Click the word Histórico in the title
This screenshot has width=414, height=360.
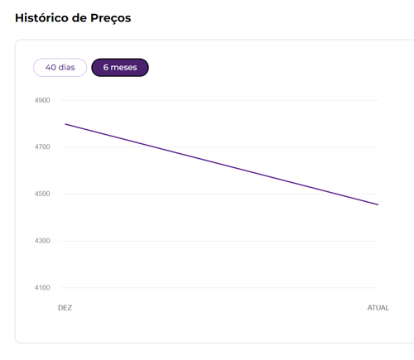(x=41, y=18)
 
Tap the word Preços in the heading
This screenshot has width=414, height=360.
(x=111, y=18)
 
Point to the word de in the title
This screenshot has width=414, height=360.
(x=79, y=18)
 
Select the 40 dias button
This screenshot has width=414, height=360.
(x=60, y=67)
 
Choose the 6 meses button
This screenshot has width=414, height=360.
(x=120, y=67)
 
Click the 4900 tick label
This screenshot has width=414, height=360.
(x=42, y=100)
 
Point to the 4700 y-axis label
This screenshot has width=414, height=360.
(x=42, y=146)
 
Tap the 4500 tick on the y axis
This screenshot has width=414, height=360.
(x=42, y=194)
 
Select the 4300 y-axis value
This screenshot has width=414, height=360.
(x=42, y=241)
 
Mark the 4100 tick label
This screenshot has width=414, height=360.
(x=42, y=287)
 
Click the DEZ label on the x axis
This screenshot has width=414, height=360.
(x=65, y=308)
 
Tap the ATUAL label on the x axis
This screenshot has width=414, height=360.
(x=378, y=308)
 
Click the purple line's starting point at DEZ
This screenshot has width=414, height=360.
(x=65, y=124)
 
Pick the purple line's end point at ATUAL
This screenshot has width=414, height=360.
(x=378, y=204)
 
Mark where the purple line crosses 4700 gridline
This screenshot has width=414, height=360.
(x=155, y=147)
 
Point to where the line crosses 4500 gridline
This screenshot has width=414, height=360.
(x=336, y=194)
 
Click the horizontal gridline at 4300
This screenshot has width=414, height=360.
(x=219, y=241)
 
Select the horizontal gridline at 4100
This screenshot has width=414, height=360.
(x=219, y=288)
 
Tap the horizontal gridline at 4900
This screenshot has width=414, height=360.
(x=219, y=100)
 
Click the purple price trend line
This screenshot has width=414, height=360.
(x=222, y=165)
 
